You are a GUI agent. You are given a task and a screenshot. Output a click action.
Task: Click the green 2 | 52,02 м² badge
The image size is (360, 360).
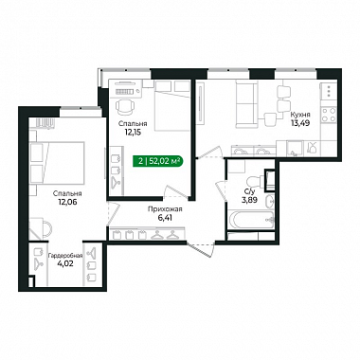point(158,162)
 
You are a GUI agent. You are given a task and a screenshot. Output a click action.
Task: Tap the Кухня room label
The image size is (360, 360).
point(300,115)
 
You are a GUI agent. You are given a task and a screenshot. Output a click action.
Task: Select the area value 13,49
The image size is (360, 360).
point(300,123)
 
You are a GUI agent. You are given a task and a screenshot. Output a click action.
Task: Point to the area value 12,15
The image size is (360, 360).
point(133,132)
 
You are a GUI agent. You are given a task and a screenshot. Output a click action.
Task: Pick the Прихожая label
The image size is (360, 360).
point(165,209)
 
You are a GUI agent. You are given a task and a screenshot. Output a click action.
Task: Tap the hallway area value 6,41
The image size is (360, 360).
point(165,218)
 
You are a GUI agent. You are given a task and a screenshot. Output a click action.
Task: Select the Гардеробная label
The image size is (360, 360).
point(65,256)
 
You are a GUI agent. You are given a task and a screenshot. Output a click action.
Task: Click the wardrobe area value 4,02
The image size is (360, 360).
point(65,263)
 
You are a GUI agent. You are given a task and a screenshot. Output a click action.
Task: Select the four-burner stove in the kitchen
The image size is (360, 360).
point(329,115)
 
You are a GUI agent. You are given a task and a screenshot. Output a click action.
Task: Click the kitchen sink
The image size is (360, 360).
point(294,149)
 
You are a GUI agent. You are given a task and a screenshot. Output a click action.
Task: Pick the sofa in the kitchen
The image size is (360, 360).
point(246,103)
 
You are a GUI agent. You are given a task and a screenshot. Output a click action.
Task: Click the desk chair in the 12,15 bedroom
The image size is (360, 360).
point(124,107)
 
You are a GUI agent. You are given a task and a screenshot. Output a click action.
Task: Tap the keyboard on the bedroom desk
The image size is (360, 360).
point(125,92)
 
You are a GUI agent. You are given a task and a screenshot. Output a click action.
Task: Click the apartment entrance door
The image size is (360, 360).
point(201,248)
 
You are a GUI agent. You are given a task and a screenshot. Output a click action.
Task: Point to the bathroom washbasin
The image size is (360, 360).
point(270,201)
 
